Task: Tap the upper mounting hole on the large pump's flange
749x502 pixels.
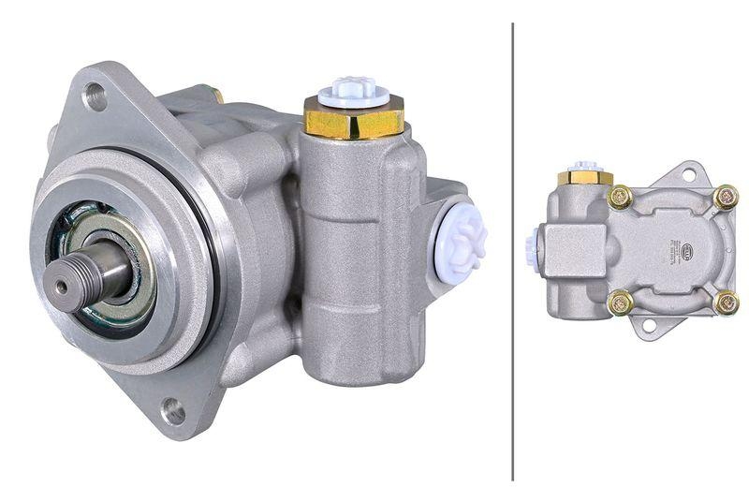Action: [95, 95]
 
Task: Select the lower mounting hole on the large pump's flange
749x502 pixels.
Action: [172, 410]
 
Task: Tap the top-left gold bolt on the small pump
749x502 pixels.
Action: [619, 197]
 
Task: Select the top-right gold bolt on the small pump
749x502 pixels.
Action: [726, 197]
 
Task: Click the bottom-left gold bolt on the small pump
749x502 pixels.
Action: [619, 303]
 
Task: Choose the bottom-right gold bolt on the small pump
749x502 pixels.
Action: [726, 303]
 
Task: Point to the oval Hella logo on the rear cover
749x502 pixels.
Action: [687, 249]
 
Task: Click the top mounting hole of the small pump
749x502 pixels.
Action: [688, 174]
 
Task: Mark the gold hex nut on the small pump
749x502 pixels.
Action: [585, 178]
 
